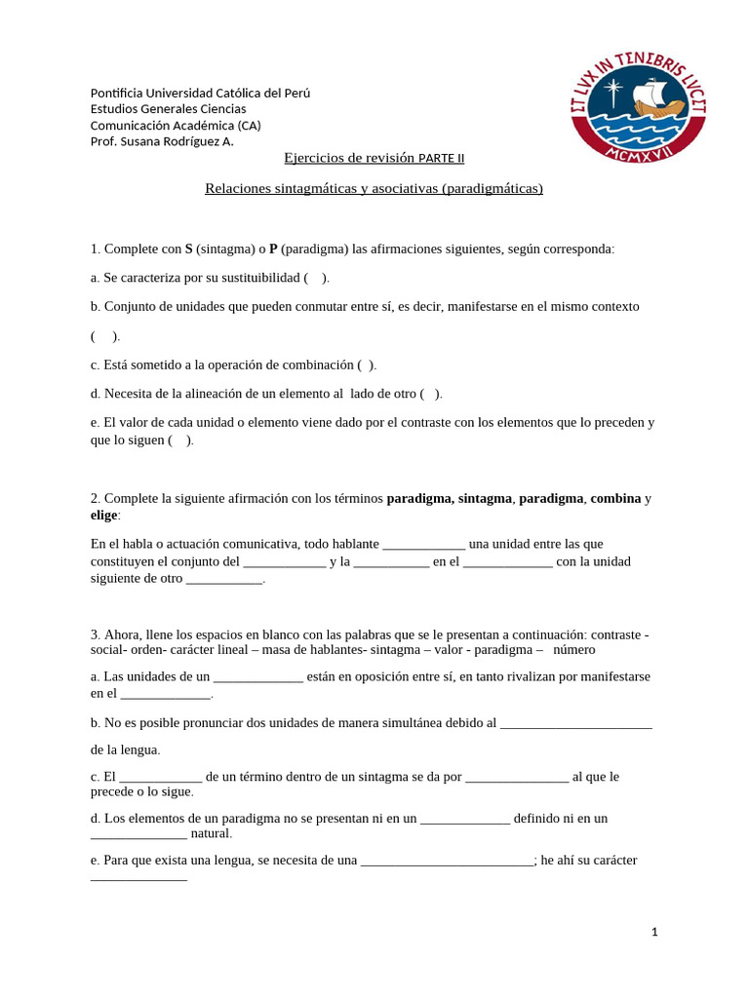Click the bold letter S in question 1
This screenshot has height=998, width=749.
tap(189, 249)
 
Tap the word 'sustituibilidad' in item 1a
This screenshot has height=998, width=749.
tap(254, 278)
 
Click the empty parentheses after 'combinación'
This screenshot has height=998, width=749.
tap(366, 365)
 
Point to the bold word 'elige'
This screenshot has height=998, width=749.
tap(103, 515)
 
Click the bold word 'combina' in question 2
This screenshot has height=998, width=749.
tap(615, 498)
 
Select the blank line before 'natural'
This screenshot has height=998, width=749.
tap(138, 834)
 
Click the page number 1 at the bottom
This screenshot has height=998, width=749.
tap(655, 932)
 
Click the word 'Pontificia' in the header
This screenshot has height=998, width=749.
tap(118, 94)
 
